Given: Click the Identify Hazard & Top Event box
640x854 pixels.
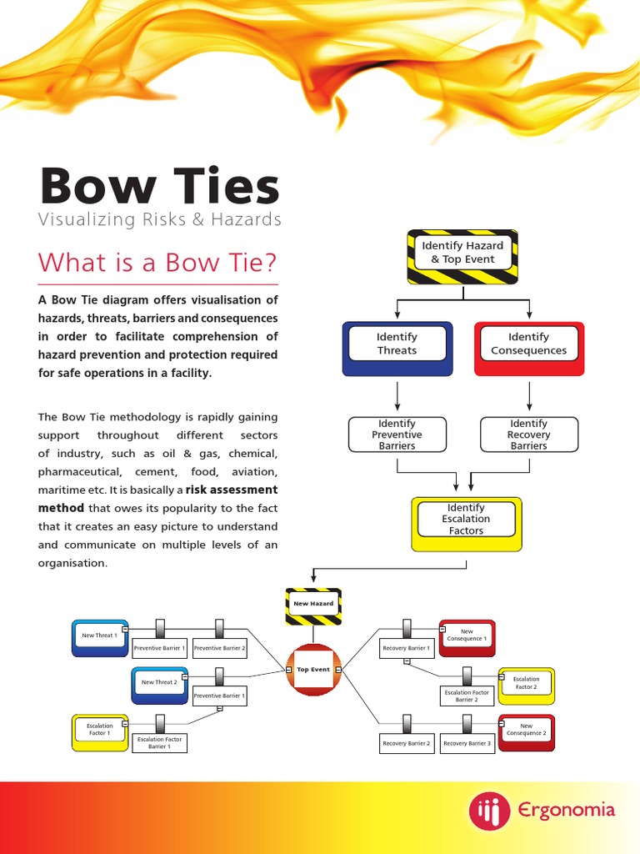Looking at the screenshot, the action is [462, 253].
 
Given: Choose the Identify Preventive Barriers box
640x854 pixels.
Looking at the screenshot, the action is [397, 435].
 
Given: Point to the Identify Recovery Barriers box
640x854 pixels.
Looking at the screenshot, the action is [529, 435].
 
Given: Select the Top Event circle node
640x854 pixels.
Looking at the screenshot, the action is [313, 670].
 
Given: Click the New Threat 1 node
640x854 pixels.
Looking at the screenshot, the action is [99, 637].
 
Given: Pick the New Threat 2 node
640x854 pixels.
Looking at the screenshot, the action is [158, 684].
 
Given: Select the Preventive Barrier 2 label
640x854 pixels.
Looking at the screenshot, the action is [220, 648].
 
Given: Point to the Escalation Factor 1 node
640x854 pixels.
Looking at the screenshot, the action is [99, 731].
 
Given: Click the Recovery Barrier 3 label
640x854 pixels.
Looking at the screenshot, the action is [467, 743].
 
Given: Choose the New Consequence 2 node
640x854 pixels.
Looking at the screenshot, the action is [526, 731].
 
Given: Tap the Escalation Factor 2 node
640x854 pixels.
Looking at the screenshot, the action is [526, 684].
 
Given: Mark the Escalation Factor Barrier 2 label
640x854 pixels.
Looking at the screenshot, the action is [467, 696].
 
